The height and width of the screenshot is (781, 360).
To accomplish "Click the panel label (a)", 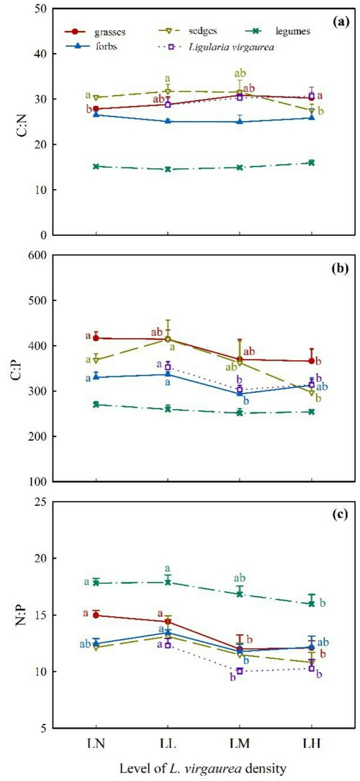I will click(341, 21).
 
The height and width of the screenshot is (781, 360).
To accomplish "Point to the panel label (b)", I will click(341, 269).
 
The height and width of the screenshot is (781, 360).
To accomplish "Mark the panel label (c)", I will click(341, 514).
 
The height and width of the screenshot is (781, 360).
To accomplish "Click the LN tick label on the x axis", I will click(96, 743).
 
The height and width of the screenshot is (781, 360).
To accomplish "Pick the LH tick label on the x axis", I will click(312, 743).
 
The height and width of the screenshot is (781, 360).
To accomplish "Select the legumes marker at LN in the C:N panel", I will click(96, 166).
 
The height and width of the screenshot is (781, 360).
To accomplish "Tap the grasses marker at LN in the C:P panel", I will click(96, 338).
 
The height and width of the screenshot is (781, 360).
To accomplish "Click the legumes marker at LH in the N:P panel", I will click(312, 603).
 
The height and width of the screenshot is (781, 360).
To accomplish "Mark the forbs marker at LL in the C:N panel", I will click(168, 121).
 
